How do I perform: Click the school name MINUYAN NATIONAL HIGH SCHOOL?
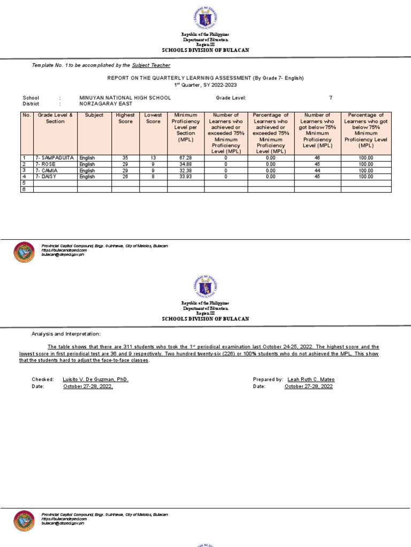125,98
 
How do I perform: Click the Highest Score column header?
125,118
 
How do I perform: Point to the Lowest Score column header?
153,118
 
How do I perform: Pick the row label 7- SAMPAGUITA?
55,158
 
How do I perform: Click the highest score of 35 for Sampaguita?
125,158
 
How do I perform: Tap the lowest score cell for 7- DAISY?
153,176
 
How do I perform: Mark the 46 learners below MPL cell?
317,158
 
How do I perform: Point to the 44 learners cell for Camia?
317,170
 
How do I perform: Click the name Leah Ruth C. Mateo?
311,379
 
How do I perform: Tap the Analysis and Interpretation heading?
66,334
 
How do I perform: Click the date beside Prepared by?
309,386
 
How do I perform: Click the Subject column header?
94,115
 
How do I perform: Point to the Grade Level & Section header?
55,118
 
